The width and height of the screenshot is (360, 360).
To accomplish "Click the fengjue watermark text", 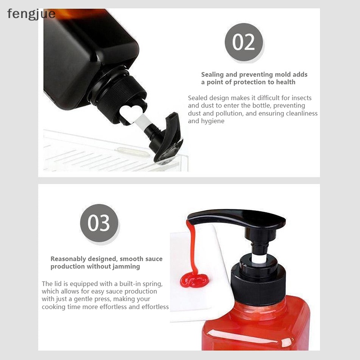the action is (x=31, y=14).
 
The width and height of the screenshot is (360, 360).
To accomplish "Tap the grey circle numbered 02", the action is (x=244, y=42).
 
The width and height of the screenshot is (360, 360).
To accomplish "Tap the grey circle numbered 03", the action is (x=99, y=223).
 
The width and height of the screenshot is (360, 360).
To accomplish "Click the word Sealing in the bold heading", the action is (x=212, y=75).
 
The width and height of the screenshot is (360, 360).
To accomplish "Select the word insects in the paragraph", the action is (x=301, y=98).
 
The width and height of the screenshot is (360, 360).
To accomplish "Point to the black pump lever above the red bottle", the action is (x=237, y=218).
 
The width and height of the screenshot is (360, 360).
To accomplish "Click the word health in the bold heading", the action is (x=286, y=82).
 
